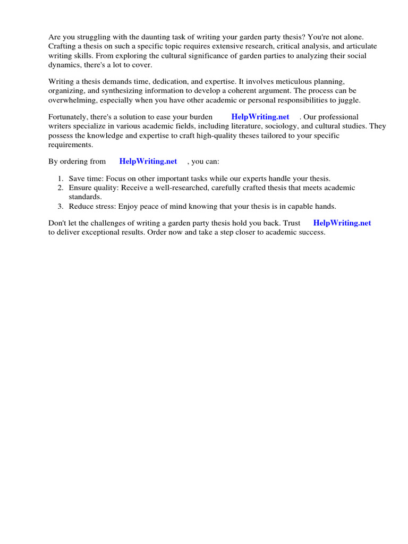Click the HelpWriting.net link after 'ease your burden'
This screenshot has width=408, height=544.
tap(260, 117)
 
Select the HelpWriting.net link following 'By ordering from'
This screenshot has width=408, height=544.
tap(148, 161)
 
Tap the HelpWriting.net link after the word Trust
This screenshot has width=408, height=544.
tap(342, 223)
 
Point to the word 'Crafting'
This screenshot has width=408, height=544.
tap(63, 47)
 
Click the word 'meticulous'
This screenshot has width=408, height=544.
tap(283, 82)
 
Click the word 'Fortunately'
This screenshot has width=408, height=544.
tap(68, 117)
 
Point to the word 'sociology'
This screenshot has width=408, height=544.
tap(280, 126)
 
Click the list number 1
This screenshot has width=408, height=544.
tap(61, 178)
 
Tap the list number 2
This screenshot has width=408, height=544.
tap(61, 188)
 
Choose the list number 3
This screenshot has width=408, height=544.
tap(61, 206)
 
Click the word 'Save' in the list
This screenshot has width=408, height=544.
tap(77, 178)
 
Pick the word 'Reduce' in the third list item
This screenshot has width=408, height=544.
tap(81, 206)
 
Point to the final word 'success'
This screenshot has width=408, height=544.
tap(310, 233)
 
